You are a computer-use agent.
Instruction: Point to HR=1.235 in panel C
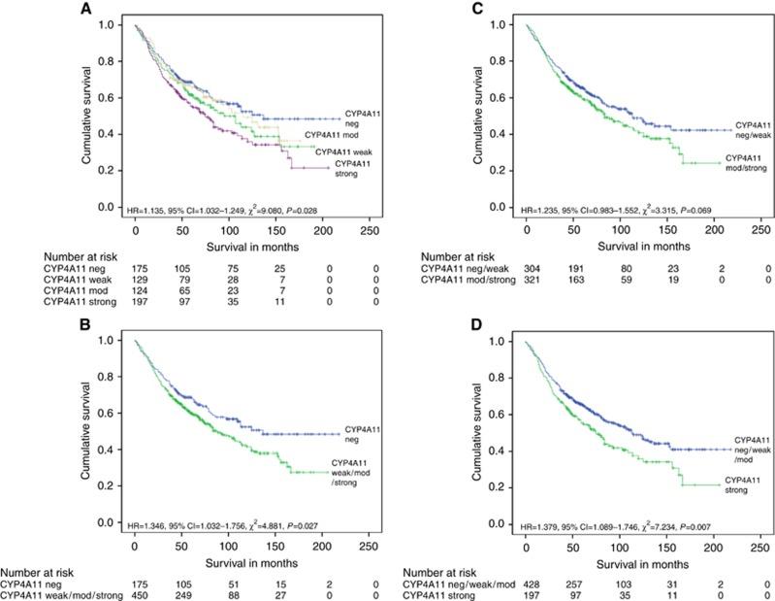tap(547, 210)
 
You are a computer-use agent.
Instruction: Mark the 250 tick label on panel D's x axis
tap(760, 548)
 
